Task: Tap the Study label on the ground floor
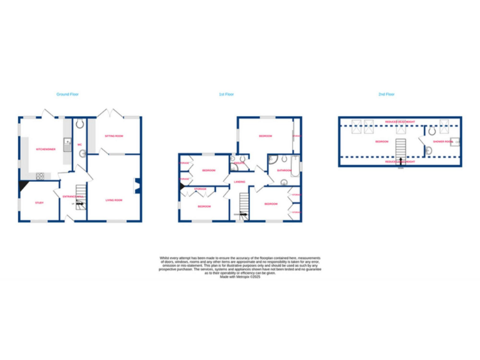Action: coord(39,202)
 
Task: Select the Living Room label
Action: coord(114,200)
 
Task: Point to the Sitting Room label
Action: coord(114,136)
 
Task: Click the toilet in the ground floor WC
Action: coord(80,124)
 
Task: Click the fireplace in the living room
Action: coord(137,185)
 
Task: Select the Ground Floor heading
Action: coord(67,94)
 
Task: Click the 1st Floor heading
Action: coord(226,94)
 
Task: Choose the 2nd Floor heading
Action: coord(386,94)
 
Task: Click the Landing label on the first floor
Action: coord(239,182)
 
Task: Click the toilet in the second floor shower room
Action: coord(432,132)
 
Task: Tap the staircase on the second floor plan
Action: coord(399,150)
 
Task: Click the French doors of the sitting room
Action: coord(113,114)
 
